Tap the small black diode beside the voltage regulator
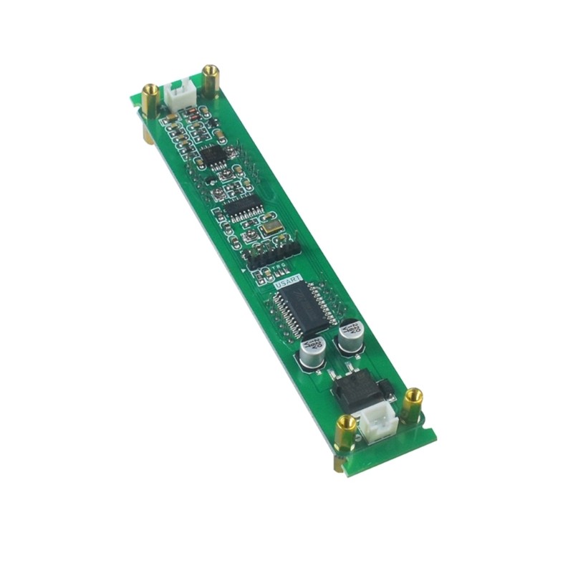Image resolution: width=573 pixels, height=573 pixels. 387,390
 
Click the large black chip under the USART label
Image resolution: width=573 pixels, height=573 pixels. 304,309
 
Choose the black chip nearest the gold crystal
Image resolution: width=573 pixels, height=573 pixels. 244,208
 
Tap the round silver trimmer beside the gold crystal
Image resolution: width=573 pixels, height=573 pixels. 251,234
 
